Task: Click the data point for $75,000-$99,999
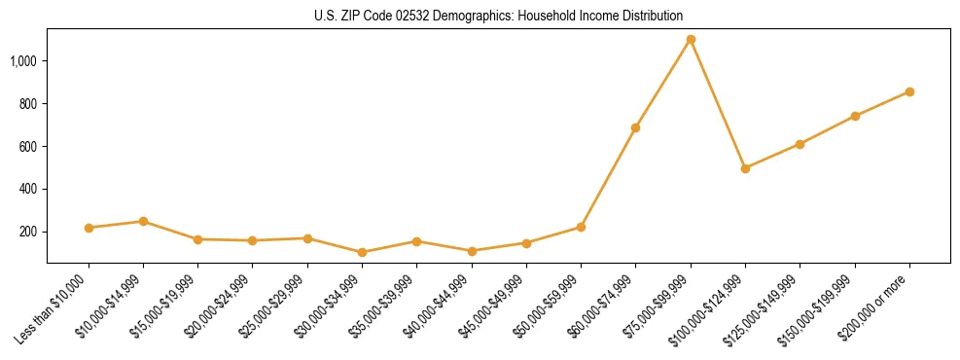(691, 40)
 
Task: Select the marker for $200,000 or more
(909, 91)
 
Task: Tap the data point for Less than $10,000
(89, 228)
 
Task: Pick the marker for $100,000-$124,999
(745, 168)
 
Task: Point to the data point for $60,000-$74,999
(635, 127)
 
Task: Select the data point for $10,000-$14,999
(143, 221)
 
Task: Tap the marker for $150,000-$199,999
(855, 116)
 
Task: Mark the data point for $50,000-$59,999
(581, 227)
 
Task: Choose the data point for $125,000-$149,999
(800, 144)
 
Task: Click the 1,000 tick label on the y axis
(23, 60)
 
